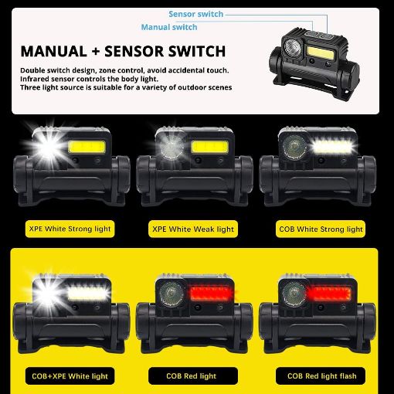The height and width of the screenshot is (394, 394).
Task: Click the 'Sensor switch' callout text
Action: click(x=195, y=14)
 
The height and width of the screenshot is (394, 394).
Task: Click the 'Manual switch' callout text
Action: click(x=168, y=27)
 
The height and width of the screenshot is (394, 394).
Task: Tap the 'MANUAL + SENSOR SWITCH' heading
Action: click(x=123, y=52)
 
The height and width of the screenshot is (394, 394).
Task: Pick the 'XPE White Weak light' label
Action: click(x=193, y=229)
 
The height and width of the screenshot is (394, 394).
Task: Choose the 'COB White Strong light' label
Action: click(x=320, y=229)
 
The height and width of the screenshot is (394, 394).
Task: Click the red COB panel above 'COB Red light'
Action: click(x=209, y=294)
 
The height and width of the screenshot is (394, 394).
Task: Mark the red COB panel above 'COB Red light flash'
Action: click(x=333, y=294)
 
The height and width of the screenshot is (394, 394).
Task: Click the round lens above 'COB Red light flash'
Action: click(x=294, y=294)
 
